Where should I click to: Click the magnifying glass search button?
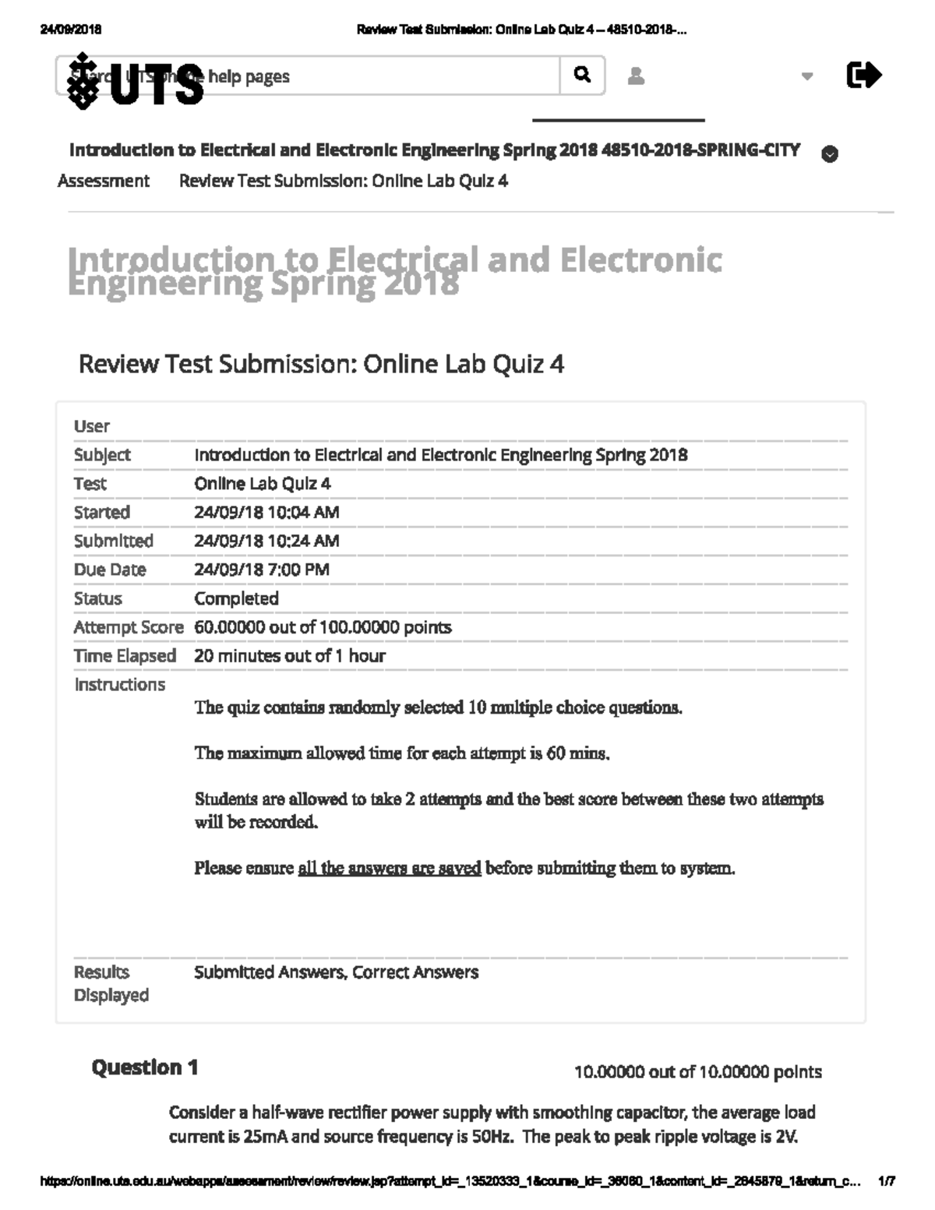(x=582, y=75)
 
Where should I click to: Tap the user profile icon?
(x=636, y=76)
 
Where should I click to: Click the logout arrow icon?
(x=863, y=76)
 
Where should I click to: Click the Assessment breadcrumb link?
(x=103, y=181)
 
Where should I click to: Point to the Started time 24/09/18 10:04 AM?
(x=266, y=512)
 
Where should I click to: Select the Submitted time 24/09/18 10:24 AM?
(x=266, y=541)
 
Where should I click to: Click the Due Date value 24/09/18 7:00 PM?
(x=262, y=570)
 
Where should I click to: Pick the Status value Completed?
(x=236, y=598)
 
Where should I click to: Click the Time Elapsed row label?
(x=125, y=656)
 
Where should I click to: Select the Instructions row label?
(x=119, y=685)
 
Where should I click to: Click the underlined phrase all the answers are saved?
(x=390, y=868)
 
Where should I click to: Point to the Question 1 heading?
(x=145, y=1067)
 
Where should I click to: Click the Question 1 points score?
(x=697, y=1072)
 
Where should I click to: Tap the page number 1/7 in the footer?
(x=887, y=1181)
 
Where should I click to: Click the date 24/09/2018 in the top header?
(x=70, y=30)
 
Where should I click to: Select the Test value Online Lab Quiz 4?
(x=263, y=484)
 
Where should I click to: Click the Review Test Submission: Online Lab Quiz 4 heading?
(x=321, y=364)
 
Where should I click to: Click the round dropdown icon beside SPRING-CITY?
(x=830, y=154)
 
